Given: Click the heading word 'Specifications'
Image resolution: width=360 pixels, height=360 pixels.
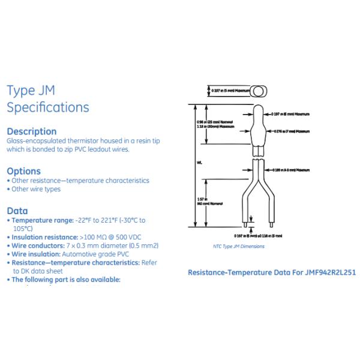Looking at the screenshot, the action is point(47,107).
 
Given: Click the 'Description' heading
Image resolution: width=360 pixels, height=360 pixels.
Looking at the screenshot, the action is point(31,131).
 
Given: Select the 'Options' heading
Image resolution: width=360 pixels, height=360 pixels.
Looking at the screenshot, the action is point(23,171).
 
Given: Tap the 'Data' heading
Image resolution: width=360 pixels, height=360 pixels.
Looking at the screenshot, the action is point(17,211).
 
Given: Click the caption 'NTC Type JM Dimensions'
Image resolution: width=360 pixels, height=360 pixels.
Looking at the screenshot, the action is point(239,246).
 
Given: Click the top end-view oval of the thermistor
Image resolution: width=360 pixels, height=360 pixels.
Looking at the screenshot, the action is point(259,91).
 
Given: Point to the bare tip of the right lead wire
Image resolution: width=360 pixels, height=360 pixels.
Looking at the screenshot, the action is point(273,226).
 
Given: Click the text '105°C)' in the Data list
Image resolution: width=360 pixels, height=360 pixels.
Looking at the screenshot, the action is point(22,229).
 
